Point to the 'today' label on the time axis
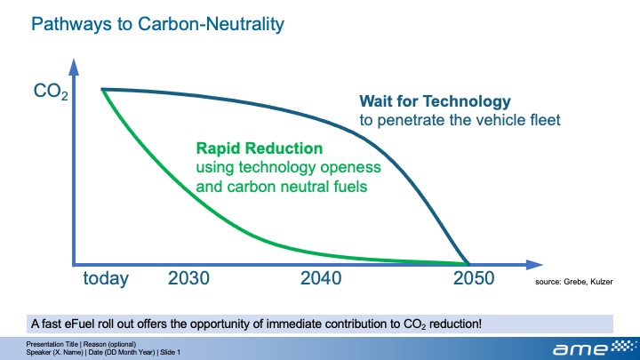pos(106,279)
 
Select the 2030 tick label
pos(188,279)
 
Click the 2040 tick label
pos(321,279)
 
